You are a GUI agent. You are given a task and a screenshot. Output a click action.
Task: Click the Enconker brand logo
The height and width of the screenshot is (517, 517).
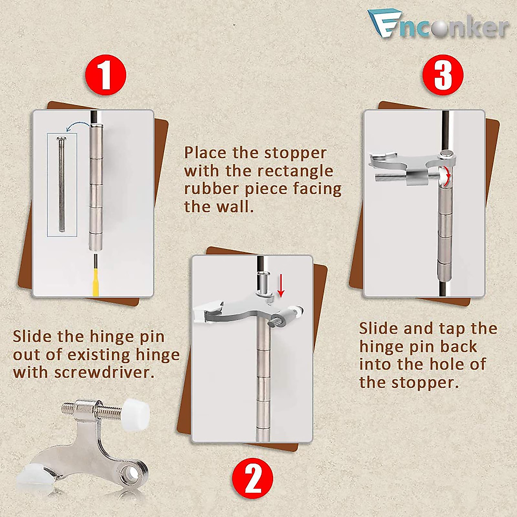pos(437,26)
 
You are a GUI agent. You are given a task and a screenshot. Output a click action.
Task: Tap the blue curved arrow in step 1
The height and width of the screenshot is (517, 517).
pos(78,125)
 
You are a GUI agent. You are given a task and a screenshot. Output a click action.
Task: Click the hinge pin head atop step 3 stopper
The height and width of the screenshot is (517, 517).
pos(447,153)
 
